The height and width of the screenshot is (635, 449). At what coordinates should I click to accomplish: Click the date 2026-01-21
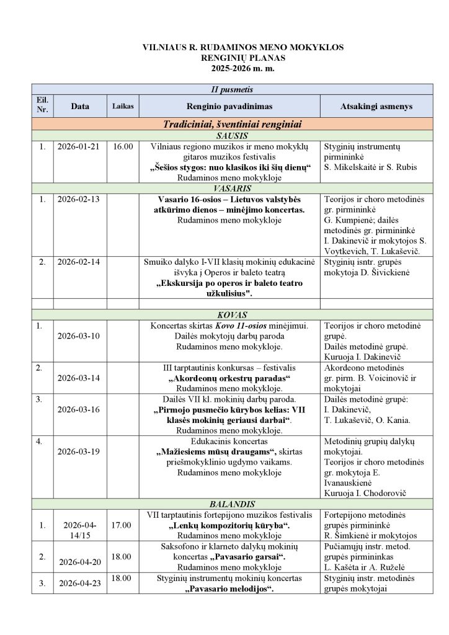pyautogui.click(x=80, y=147)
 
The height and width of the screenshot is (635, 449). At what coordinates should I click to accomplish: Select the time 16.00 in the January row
pyautogui.click(x=123, y=147)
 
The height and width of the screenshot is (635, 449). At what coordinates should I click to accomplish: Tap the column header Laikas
pyautogui.click(x=123, y=107)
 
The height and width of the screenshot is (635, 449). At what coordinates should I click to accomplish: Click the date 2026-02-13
pyautogui.click(x=80, y=200)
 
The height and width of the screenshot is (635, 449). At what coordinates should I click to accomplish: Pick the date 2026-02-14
pyautogui.click(x=80, y=262)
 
